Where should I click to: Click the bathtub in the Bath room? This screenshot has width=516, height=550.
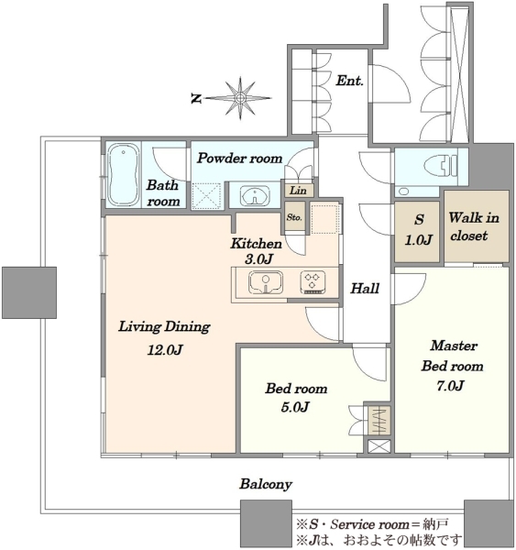click(x=123, y=174)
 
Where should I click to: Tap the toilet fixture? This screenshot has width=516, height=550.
click(x=441, y=165)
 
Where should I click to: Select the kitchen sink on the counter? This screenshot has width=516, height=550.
click(x=266, y=282)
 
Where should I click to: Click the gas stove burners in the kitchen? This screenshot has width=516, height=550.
click(x=313, y=282)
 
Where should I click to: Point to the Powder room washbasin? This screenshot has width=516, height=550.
click(x=255, y=196)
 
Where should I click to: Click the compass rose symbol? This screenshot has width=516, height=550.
click(x=240, y=98)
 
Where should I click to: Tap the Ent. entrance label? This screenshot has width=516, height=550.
click(x=349, y=81)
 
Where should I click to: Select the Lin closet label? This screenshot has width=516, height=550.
click(x=298, y=191)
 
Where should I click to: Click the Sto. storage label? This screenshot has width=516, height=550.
click(x=294, y=217)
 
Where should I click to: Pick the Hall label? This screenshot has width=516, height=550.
click(x=365, y=289)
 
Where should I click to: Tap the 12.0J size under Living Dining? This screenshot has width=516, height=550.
click(x=165, y=350)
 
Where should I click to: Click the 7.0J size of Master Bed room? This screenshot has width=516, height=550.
click(x=450, y=386)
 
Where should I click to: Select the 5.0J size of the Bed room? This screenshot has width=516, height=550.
click(x=295, y=407)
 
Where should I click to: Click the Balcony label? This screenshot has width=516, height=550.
click(x=266, y=484)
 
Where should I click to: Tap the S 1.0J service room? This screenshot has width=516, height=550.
click(x=417, y=231)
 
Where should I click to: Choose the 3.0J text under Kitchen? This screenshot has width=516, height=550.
click(x=258, y=259)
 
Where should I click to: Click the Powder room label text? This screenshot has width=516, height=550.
click(x=239, y=159)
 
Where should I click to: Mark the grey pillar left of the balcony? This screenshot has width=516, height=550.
click(x=29, y=292)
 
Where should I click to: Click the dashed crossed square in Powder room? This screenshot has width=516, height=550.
click(x=207, y=196)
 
